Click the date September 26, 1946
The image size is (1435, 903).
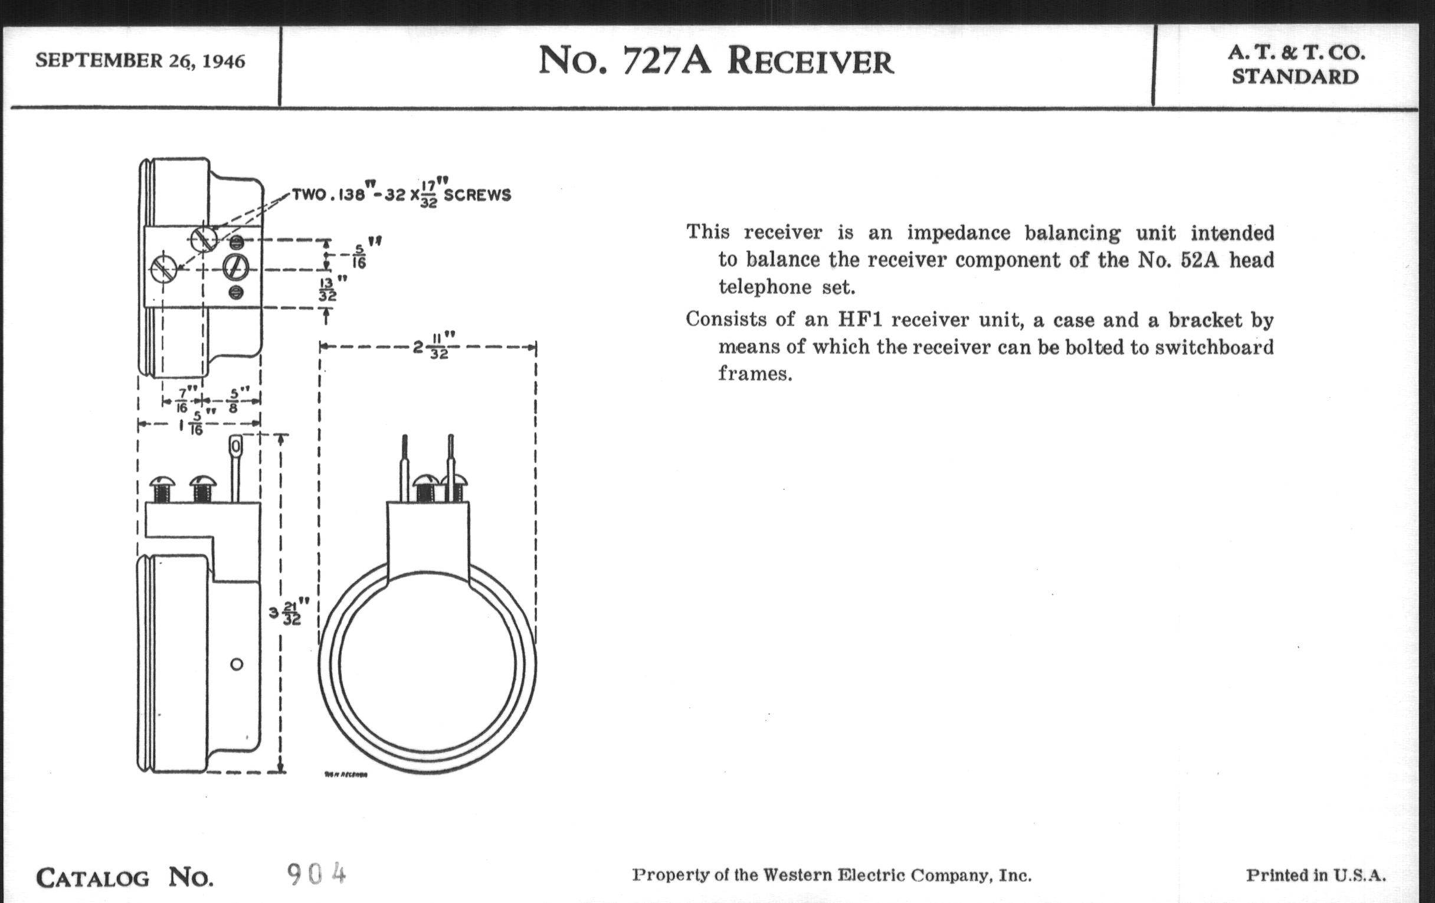pyautogui.click(x=140, y=61)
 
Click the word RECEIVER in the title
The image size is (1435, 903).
pyautogui.click(x=811, y=62)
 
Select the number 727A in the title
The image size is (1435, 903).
pyautogui.click(x=667, y=61)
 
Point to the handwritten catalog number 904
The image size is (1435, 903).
pyautogui.click(x=316, y=875)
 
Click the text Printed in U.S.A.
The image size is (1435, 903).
pyautogui.click(x=1316, y=875)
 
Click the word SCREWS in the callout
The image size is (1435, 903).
pyautogui.click(x=477, y=195)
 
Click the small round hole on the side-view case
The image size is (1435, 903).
pyautogui.click(x=237, y=664)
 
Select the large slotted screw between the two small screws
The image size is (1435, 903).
pyautogui.click(x=235, y=267)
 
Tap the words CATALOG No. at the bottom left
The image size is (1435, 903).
pyautogui.click(x=125, y=878)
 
